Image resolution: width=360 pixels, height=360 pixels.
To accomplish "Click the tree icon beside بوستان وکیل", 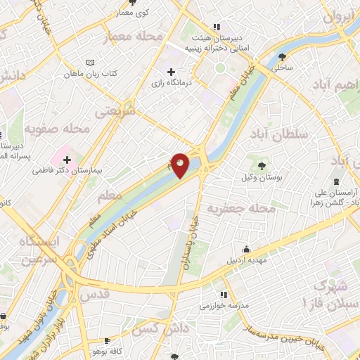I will tap(262, 167).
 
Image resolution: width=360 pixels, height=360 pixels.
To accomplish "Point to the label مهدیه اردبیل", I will tap(247, 261).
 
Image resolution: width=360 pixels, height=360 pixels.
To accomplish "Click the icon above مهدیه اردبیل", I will tap(247, 249).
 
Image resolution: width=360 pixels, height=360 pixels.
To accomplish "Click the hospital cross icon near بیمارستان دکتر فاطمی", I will tap(67, 160).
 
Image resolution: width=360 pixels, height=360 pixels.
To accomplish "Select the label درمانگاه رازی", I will tap(171, 84).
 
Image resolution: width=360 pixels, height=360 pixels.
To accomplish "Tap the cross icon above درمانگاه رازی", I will tap(171, 72).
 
